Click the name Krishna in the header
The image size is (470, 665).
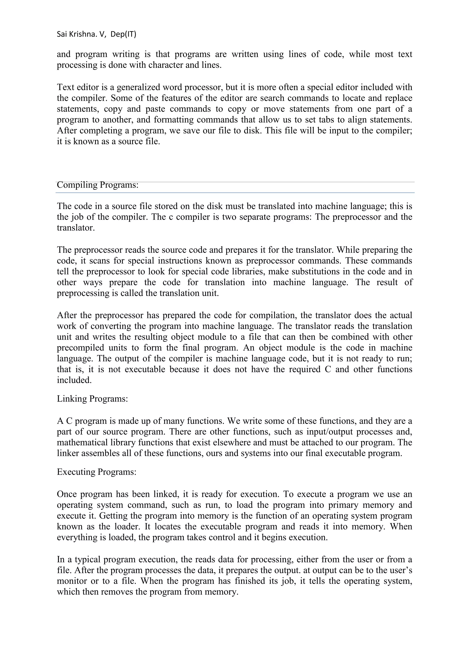(x=82, y=34)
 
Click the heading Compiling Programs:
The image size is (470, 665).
(x=98, y=184)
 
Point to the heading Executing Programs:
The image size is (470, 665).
(x=96, y=472)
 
